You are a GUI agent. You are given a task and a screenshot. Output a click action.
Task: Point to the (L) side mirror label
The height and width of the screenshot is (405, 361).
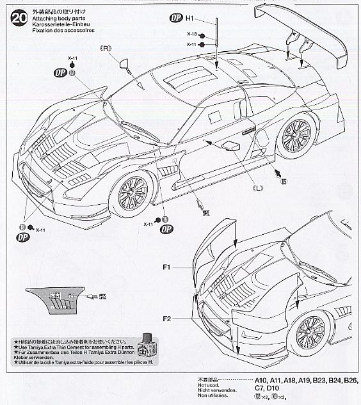coord(258,187)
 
